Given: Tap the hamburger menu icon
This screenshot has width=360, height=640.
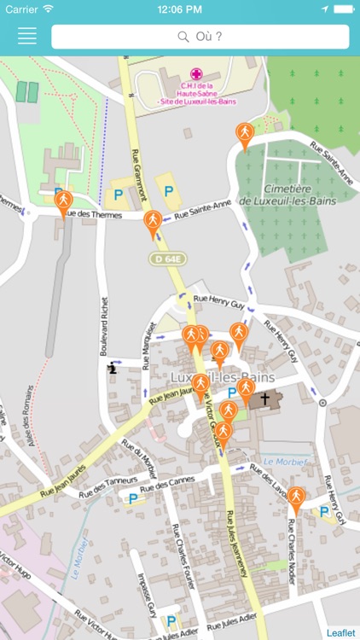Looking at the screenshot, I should coord(27,36).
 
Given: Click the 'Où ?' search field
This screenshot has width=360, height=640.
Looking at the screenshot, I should coord(200,37).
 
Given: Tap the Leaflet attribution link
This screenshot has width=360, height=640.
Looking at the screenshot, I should coord(340,632).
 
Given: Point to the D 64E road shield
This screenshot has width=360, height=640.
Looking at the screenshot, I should coord(167,258).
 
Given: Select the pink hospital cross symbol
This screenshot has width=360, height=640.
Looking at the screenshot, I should coord(196,74).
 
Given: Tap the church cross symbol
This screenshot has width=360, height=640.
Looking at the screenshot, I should coord(264,399).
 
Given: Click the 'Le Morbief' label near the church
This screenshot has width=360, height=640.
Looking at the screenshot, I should coord(285,461).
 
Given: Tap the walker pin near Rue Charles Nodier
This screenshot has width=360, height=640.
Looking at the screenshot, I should coord(295,498).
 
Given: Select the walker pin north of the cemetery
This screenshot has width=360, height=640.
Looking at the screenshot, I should coord(245,135).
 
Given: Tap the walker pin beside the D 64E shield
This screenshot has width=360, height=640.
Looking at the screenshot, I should coord(153,224).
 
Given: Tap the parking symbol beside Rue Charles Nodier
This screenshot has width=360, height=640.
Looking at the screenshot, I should coord(323,513).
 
